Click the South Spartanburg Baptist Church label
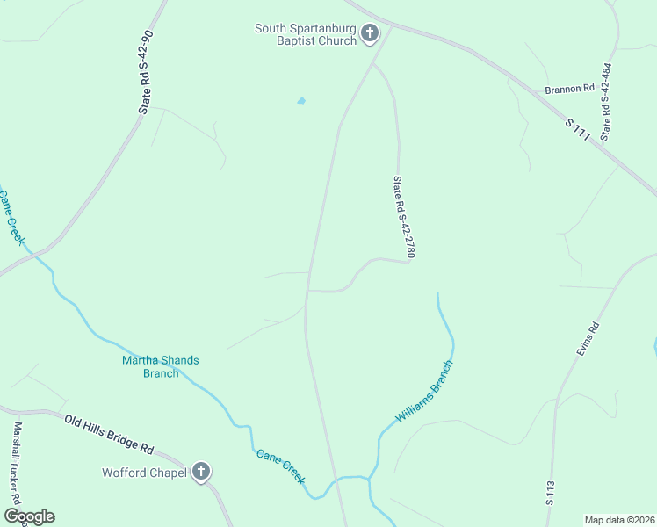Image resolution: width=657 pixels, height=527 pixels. tap(305, 34)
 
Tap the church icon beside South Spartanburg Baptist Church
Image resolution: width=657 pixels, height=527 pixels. tap(370, 34)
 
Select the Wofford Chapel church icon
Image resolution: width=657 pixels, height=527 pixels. tap(201, 473)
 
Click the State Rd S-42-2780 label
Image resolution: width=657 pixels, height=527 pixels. tap(403, 218)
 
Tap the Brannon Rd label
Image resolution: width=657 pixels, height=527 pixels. tap(569, 89)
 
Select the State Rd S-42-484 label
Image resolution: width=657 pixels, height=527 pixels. tap(605, 101)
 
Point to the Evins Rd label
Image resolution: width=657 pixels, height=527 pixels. tap(588, 339)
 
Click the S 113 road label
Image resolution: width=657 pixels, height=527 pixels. tap(551, 494)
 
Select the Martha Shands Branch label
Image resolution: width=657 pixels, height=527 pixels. tap(161, 366)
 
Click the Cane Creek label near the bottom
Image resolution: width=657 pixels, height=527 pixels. tap(281, 467)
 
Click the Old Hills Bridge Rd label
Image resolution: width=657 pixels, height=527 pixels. tap(110, 433)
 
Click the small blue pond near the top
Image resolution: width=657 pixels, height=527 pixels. tap(301, 101)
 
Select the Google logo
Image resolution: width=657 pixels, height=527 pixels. tap(29, 516)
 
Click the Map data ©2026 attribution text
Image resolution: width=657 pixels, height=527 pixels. tap(618, 520)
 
